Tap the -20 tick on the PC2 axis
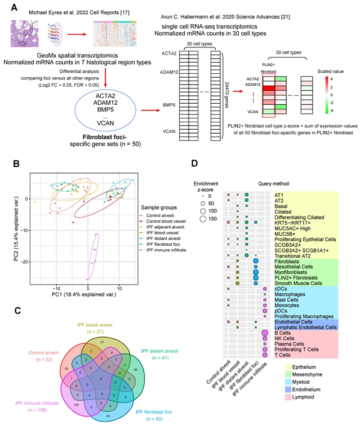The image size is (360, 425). tap(22, 262)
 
